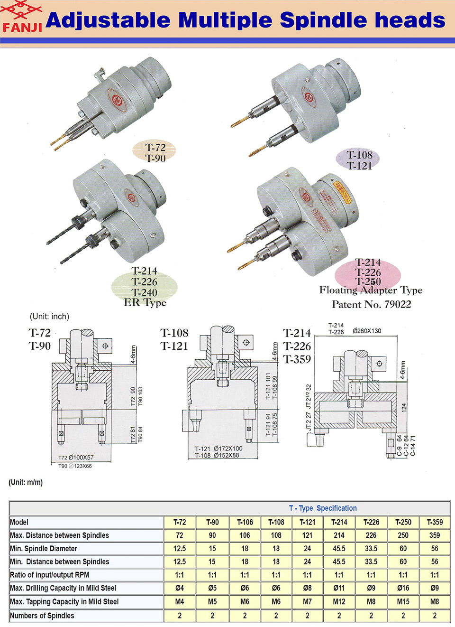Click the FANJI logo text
[22, 27]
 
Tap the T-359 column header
[434, 522]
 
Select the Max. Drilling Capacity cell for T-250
[403, 588]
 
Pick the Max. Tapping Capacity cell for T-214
[339, 601]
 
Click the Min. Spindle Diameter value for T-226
[371, 548]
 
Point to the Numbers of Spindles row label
[42, 616]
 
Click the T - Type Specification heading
[323, 508]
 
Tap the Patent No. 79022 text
[371, 304]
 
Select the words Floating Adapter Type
[371, 290]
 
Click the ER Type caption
[145, 302]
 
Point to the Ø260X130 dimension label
[367, 331]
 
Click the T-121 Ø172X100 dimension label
[218, 449]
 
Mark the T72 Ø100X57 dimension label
[76, 458]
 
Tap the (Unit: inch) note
[49, 317]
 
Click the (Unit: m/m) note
[26, 482]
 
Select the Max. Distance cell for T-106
[245, 535]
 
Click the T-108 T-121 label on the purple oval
[359, 160]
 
